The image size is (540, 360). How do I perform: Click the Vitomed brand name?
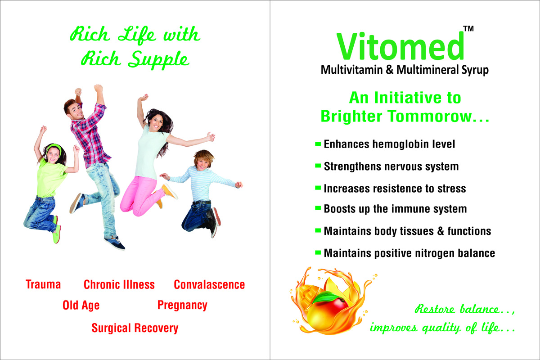400,47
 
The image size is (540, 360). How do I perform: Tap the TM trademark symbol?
468,29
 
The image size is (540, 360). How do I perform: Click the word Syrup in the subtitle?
475,70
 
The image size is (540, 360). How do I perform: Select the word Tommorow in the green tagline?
430,116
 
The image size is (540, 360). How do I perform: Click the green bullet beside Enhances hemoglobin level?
318,144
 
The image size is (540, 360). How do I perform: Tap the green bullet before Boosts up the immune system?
318,208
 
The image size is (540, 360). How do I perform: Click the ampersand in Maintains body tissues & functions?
441,231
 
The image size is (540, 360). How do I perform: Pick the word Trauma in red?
43,284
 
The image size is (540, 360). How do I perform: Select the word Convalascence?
209,284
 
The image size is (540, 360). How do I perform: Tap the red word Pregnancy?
182,306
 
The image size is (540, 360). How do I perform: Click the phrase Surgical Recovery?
135,328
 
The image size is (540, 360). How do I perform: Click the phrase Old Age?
81,306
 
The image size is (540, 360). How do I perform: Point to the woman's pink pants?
141,195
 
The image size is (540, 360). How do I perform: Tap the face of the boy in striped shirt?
203,163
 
